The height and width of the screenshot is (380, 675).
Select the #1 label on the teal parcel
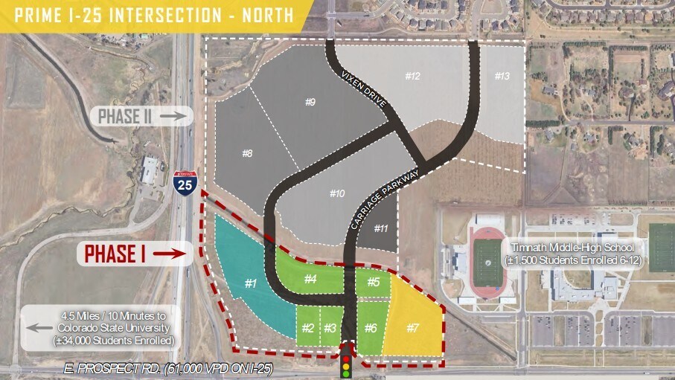[250, 283]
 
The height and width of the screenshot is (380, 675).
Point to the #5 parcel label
[373, 282]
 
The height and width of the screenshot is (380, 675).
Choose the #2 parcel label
[308, 328]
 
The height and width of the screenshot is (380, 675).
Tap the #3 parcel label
[330, 328]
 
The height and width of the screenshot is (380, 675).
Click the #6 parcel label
[371, 328]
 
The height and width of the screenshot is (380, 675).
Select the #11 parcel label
[380, 228]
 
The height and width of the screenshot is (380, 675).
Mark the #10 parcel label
[337, 193]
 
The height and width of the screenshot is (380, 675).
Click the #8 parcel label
[248, 153]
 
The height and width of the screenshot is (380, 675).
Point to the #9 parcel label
[310, 101]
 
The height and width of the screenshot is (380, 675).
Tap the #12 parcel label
[413, 77]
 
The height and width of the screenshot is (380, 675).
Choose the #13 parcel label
[502, 76]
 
